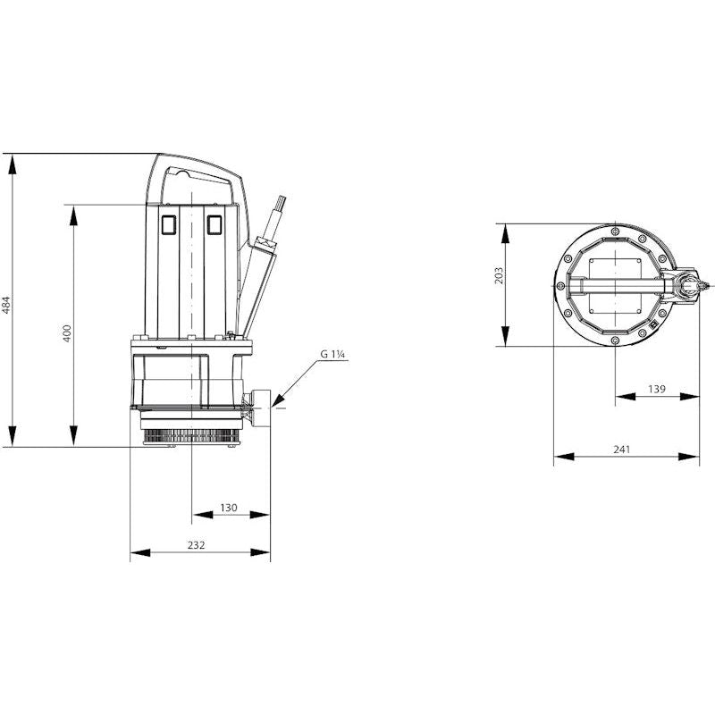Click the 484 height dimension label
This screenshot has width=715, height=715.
point(5,305)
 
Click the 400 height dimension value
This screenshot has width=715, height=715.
point(67,333)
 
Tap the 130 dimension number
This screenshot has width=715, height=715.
point(229,508)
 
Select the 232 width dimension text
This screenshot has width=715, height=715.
point(196,545)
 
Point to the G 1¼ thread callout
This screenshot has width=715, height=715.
point(332,354)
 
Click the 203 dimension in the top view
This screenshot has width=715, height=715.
point(499,276)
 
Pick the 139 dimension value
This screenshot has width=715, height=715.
point(657,389)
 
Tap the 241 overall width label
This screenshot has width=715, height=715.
point(622,450)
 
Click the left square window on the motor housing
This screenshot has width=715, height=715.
point(169,224)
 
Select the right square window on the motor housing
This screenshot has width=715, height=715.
point(214,224)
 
